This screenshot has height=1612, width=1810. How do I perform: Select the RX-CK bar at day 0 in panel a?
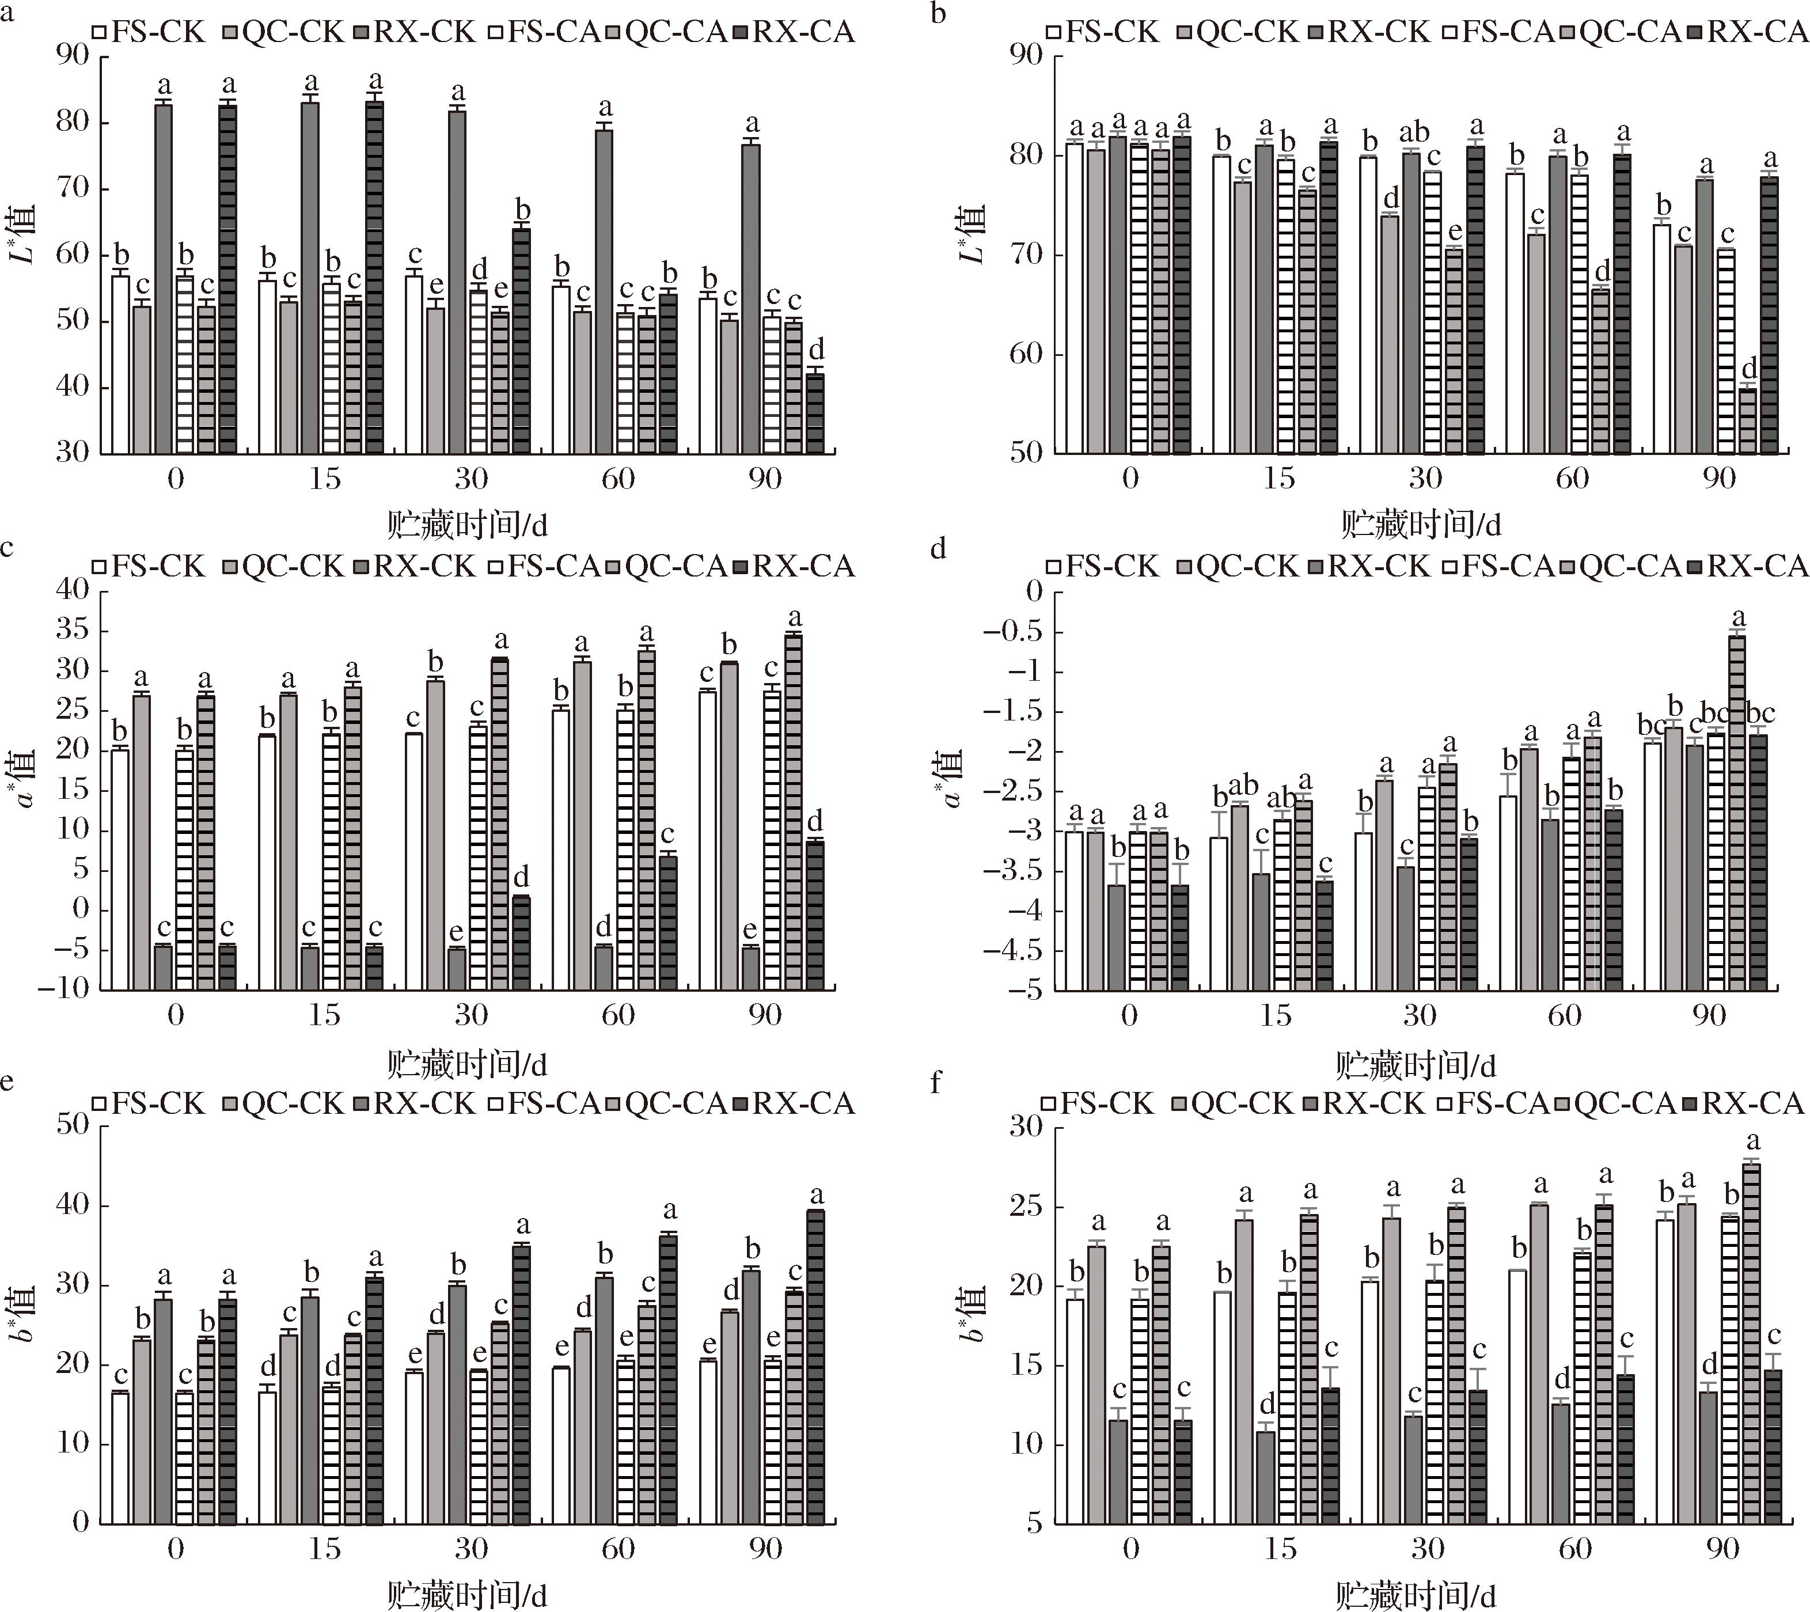[x=163, y=279]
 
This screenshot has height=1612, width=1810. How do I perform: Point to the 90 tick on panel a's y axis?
[x=74, y=56]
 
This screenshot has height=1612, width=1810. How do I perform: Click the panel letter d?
[x=939, y=550]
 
